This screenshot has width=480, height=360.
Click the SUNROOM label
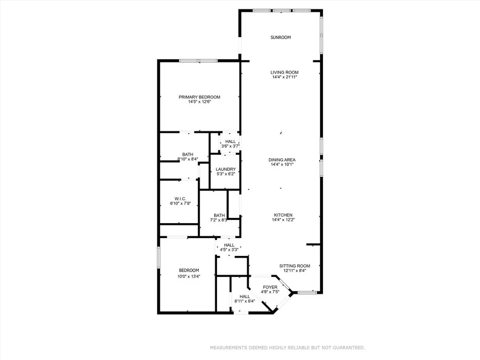coord(280,37)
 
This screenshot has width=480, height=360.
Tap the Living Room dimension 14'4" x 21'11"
coord(285,77)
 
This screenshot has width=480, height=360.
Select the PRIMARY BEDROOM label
coord(199,97)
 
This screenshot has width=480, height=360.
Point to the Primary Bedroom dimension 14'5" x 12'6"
coord(200,102)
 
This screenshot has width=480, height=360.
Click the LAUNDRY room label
coord(226,169)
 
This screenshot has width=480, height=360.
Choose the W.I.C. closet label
coord(180,199)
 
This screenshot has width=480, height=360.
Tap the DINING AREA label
coord(282,160)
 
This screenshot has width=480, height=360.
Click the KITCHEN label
coord(283,215)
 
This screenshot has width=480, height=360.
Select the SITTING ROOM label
coord(295,266)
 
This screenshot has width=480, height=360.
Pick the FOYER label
coord(270,287)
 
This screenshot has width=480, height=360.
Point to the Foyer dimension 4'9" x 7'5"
coord(270,292)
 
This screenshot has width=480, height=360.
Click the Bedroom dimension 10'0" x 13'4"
coord(189,276)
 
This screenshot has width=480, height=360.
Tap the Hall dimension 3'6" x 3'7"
coord(230,146)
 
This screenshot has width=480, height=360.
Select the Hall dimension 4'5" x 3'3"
coord(229,250)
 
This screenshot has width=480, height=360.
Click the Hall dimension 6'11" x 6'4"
coord(245,301)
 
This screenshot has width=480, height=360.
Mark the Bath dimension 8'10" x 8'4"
coord(188,159)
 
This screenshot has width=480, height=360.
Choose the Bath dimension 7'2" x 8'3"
coord(218,220)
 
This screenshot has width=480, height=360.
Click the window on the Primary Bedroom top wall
coord(198,60)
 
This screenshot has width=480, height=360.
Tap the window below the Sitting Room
coord(307,293)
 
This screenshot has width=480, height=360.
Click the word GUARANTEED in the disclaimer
coord(349,348)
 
